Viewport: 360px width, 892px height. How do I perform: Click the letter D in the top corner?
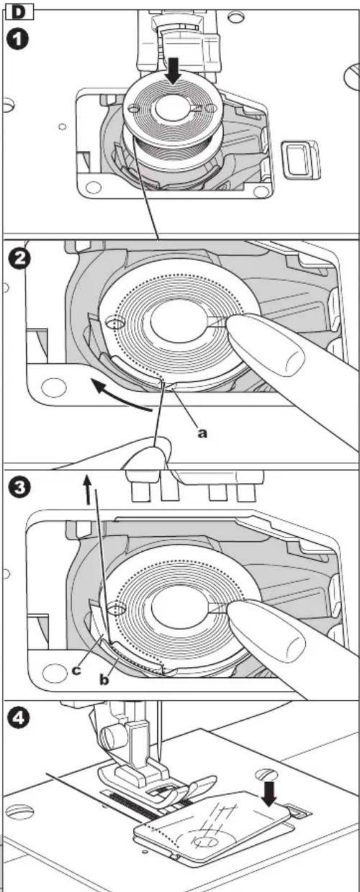click(18, 12)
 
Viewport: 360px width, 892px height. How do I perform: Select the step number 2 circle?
click(18, 261)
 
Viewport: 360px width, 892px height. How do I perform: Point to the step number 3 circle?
click(18, 488)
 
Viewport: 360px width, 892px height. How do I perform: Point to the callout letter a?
click(203, 433)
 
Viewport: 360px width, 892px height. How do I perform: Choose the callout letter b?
click(104, 680)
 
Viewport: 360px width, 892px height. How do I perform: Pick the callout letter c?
click(76, 670)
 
